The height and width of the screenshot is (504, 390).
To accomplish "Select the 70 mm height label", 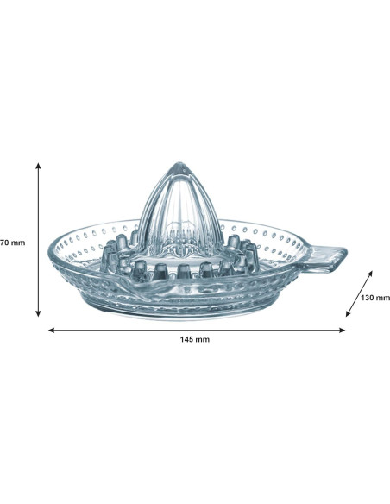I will [x=12, y=243].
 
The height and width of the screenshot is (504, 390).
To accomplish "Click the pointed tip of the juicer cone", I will [x=179, y=164].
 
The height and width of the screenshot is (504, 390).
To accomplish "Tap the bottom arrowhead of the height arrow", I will [x=39, y=313].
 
